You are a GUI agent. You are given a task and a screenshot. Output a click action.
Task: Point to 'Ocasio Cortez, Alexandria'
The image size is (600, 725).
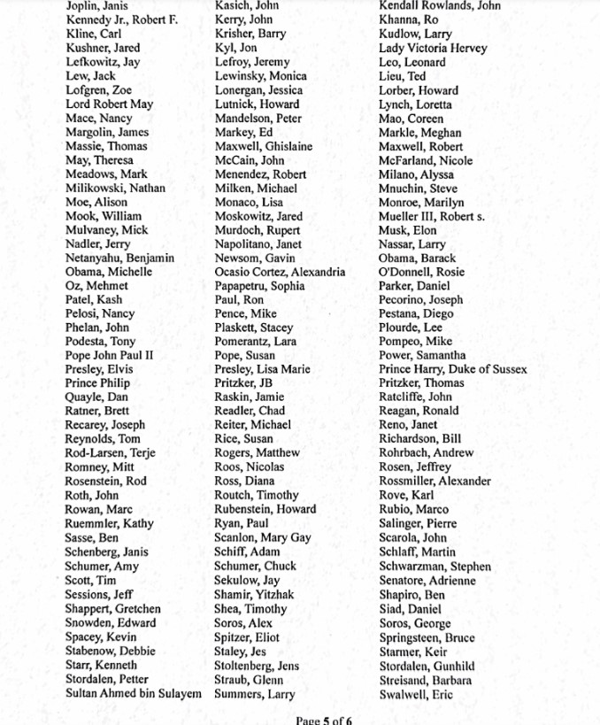280,272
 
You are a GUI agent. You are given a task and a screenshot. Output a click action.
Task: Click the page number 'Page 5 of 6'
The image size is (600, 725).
324,720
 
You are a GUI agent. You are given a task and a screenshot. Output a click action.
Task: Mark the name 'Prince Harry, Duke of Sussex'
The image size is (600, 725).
452,369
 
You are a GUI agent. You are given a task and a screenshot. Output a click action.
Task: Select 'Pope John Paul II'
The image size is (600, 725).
110,356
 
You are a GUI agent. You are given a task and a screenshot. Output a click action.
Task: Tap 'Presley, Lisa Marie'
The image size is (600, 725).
262,369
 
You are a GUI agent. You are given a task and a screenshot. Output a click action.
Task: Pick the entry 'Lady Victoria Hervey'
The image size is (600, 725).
433,48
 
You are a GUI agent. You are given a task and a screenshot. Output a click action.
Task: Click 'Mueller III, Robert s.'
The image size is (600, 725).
431,216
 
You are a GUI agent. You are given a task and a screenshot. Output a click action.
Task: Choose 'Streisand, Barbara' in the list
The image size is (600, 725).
425,680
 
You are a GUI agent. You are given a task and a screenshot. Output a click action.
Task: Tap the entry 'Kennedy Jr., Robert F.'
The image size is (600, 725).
121,19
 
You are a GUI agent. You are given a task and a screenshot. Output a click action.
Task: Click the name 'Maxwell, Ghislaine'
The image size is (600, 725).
263,146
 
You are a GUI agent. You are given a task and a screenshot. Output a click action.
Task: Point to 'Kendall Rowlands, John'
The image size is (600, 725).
439,5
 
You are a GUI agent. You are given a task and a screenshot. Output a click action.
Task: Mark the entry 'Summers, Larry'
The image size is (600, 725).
255,694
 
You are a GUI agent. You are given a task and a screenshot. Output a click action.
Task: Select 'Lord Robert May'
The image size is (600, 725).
109,104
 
